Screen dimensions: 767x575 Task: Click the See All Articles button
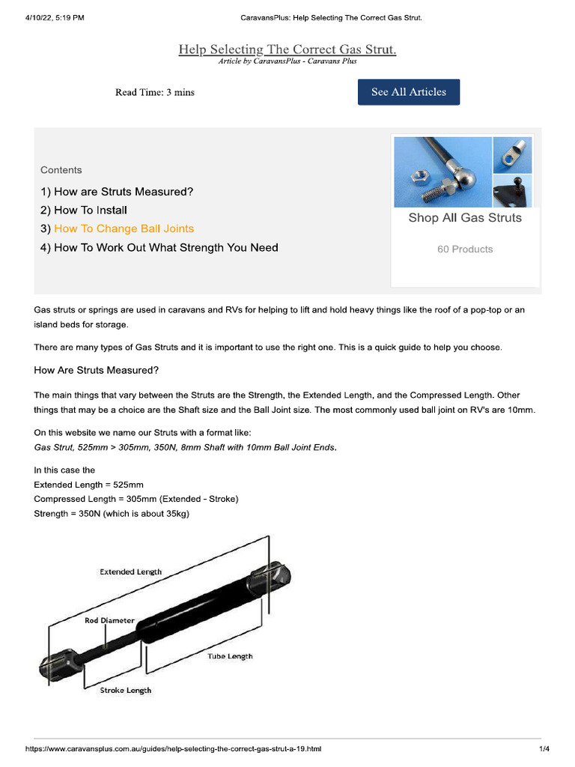click(x=409, y=92)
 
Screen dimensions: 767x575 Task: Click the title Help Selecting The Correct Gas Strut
click(x=287, y=49)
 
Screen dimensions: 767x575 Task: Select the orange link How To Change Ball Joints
click(x=124, y=228)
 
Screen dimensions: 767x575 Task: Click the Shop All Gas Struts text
click(x=465, y=218)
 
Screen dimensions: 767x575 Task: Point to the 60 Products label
click(x=465, y=249)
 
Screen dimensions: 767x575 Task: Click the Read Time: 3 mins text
click(x=155, y=92)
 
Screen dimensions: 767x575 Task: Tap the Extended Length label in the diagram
click(x=130, y=572)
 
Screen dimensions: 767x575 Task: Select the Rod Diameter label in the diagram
click(x=109, y=620)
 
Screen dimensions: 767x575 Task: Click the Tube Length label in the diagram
click(x=230, y=656)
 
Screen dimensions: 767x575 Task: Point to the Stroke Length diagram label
click(x=126, y=690)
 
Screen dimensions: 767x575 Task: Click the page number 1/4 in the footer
click(x=544, y=749)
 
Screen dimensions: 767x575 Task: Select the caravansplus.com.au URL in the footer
click(x=173, y=749)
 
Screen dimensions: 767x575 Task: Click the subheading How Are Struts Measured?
click(x=97, y=370)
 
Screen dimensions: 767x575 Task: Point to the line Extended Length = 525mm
click(x=88, y=485)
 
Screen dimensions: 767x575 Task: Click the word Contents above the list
click(x=61, y=170)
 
